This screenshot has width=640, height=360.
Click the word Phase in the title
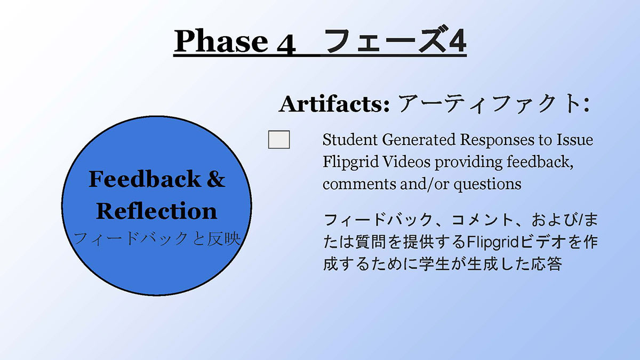(221, 41)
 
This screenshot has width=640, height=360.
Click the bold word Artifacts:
(334, 104)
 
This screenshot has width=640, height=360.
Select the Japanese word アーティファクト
(488, 103)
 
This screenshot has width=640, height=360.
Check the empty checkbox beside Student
(279, 140)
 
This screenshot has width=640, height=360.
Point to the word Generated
(419, 140)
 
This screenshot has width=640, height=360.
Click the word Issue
(574, 140)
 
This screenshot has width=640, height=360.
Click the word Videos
(406, 162)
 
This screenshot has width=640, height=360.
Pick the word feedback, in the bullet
(540, 162)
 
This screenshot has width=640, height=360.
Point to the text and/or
(425, 184)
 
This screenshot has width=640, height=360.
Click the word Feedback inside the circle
(145, 179)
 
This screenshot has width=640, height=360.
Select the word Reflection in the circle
(157, 211)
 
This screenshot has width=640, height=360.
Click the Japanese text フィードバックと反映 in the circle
(157, 239)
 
